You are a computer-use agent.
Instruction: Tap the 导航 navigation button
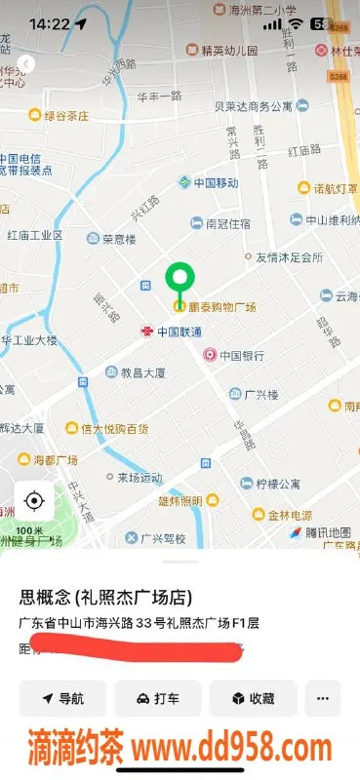pyautogui.click(x=61, y=698)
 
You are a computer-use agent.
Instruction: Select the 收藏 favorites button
pyautogui.click(x=252, y=698)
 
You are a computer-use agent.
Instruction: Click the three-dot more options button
pyautogui.click(x=323, y=698)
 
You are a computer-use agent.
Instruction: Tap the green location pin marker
pyautogui.click(x=179, y=282)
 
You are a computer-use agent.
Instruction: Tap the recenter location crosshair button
pyautogui.click(x=34, y=502)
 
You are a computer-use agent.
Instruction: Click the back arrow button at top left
pyautogui.click(x=26, y=64)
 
